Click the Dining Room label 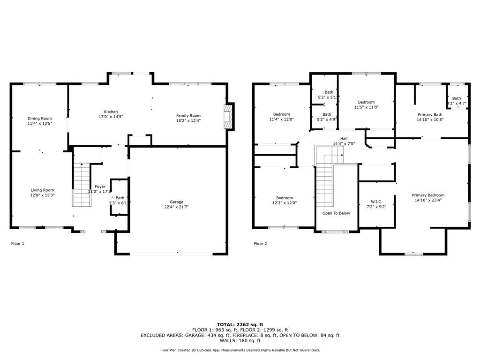(39, 118)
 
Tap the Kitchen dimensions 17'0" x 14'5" (108, 117)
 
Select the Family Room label (188, 115)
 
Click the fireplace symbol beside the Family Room (228, 116)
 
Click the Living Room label (43, 190)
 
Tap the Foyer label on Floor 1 (100, 186)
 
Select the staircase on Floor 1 (82, 185)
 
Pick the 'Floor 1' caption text (17, 243)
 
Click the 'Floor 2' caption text (260, 243)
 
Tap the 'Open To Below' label (336, 213)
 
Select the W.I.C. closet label (377, 202)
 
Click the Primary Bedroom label (428, 195)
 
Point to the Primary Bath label (430, 114)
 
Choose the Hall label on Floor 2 (344, 138)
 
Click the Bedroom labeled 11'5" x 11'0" (366, 102)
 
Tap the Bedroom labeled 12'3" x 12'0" (284, 198)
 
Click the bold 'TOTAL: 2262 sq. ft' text (240, 324)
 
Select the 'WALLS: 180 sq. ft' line (240, 341)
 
